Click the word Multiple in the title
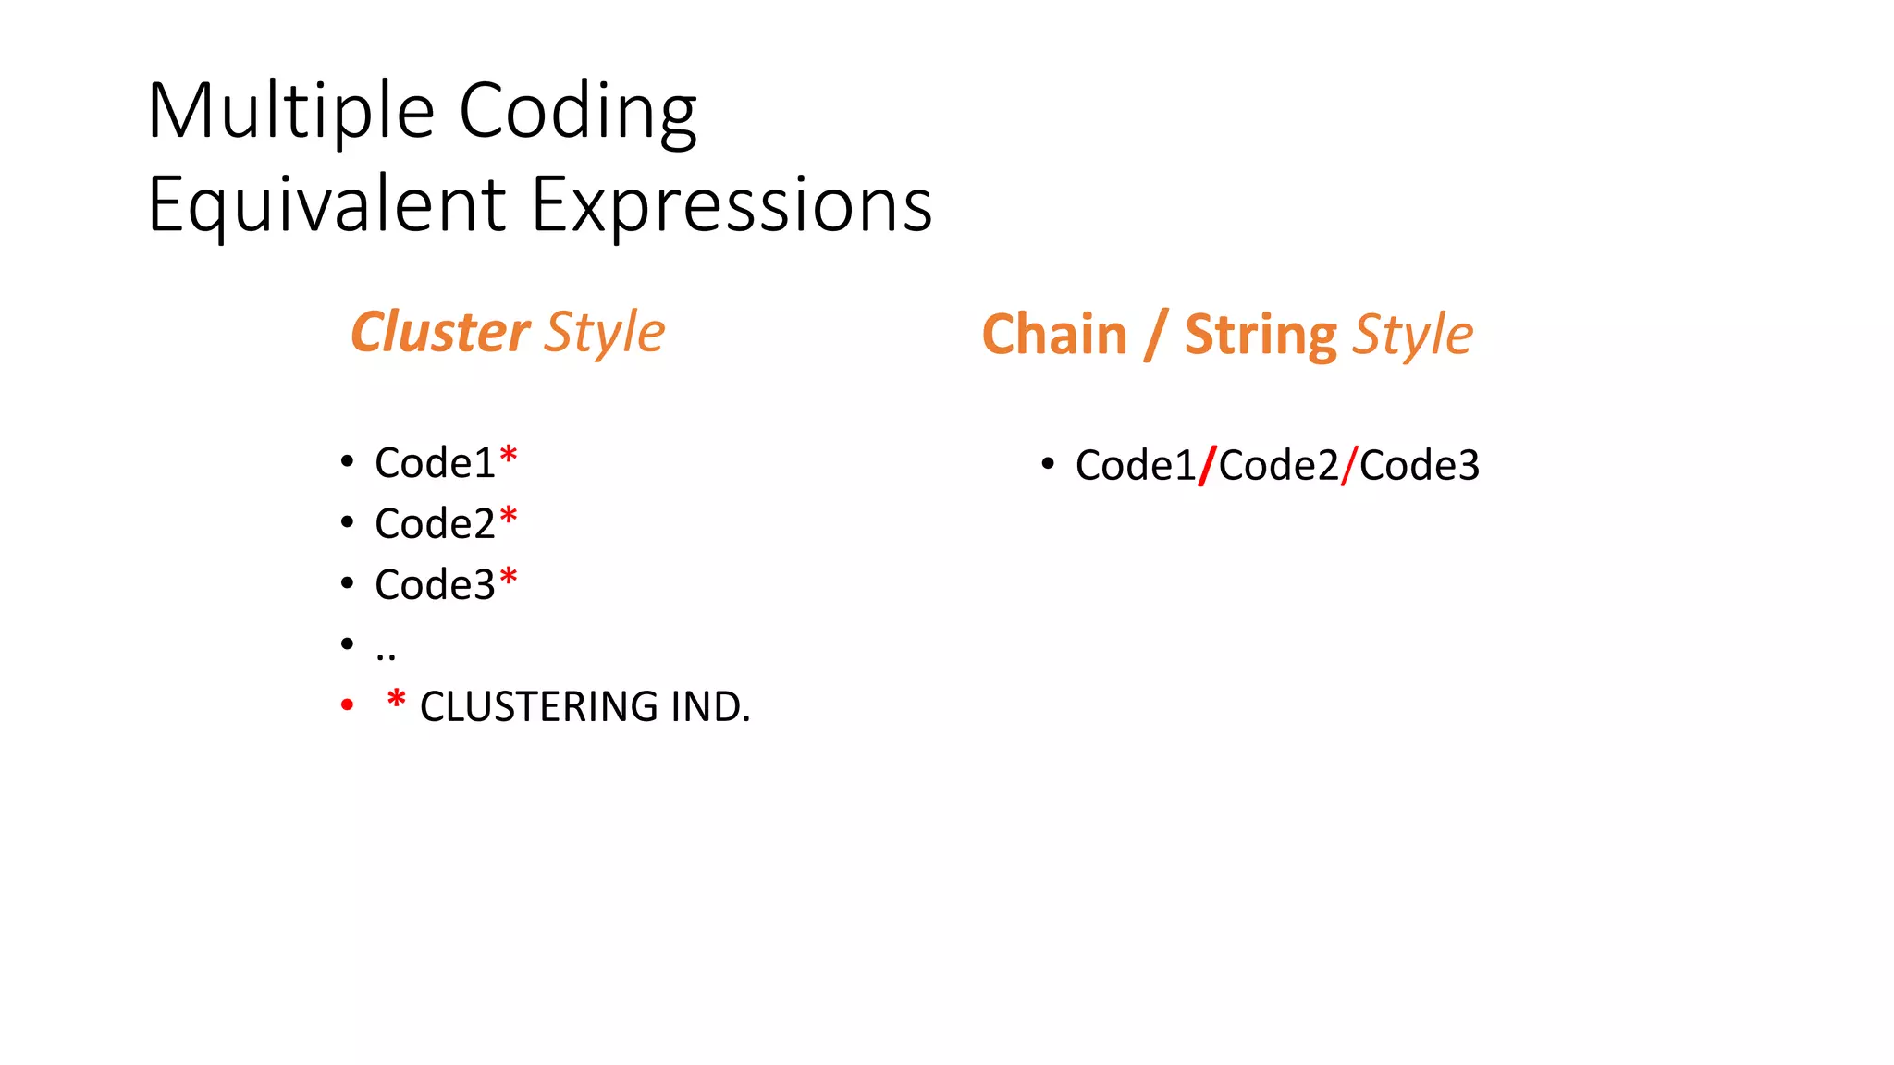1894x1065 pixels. coord(290,112)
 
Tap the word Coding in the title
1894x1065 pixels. coord(577,112)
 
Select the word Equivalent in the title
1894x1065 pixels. coord(326,205)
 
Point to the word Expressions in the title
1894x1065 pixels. coord(732,205)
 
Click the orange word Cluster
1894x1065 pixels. coord(440,332)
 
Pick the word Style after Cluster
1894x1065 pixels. coord(604,334)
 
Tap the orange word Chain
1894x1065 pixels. coord(1054,335)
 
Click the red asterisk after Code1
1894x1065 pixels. coord(508,456)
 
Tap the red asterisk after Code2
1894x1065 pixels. coord(508,517)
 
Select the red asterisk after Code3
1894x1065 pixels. coord(508,578)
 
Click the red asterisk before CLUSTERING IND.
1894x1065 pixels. coord(397,700)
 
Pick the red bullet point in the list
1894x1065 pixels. coord(347,705)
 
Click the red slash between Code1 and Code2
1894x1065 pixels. coord(1207,465)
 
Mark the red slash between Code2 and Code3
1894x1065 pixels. coord(1348,465)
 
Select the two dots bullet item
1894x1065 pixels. coord(386,655)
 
